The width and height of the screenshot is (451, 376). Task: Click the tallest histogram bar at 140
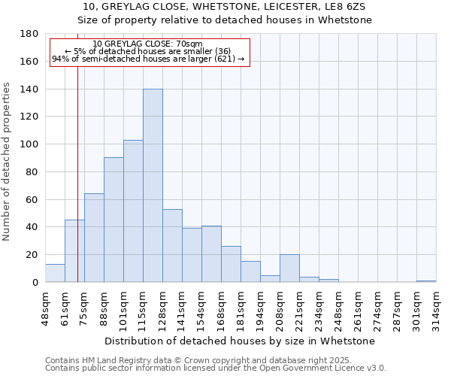(x=153, y=186)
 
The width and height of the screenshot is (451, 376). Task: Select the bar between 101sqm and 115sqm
(x=133, y=211)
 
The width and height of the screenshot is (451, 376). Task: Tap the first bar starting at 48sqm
(x=55, y=274)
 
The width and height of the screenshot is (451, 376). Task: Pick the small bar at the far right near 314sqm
(x=426, y=281)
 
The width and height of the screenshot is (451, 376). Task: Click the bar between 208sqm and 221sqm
(x=289, y=268)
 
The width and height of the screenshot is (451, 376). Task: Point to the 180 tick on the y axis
(x=29, y=34)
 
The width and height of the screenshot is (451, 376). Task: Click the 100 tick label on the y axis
(x=29, y=144)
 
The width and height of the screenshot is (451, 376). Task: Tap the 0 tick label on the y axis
(x=35, y=283)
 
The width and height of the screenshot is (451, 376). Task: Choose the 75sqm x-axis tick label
(x=84, y=306)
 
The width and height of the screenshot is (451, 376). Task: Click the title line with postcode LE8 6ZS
(x=225, y=7)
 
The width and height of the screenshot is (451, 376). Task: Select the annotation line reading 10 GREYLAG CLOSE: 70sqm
(x=148, y=44)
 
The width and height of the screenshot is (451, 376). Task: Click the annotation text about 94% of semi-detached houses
(x=148, y=59)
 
